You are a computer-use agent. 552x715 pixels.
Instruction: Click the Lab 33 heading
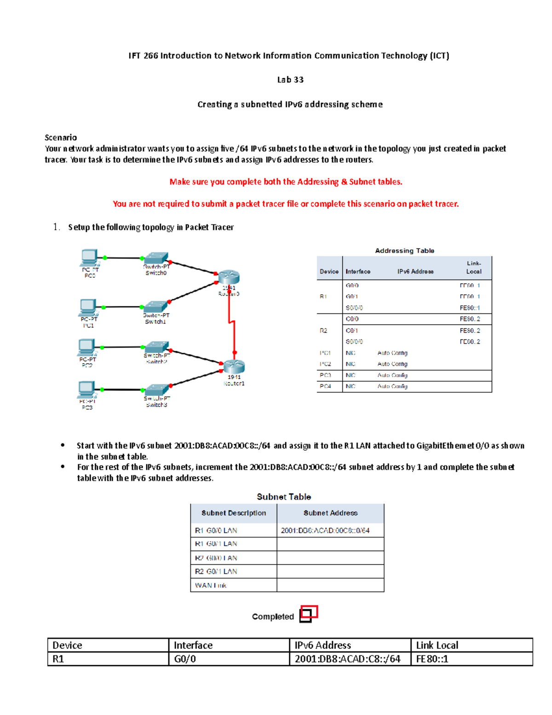click(290, 80)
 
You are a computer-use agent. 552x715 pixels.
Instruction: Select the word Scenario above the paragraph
click(61, 137)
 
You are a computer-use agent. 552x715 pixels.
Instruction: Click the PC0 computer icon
click(89, 257)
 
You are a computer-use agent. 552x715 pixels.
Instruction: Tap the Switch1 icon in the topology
click(155, 307)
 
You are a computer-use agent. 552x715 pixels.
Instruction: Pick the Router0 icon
click(229, 277)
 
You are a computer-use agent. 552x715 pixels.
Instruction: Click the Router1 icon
click(233, 366)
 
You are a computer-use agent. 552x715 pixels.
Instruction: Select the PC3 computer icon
click(86, 389)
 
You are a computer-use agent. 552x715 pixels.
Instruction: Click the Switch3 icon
click(156, 389)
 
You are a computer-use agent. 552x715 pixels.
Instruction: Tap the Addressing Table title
click(404, 250)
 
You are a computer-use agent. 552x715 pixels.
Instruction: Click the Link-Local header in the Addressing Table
click(473, 267)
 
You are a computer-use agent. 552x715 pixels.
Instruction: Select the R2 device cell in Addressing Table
click(323, 331)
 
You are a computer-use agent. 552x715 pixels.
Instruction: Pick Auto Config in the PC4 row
click(392, 386)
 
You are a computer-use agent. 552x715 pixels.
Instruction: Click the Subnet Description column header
click(234, 513)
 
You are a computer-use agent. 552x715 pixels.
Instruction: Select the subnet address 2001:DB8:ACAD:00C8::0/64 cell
click(325, 530)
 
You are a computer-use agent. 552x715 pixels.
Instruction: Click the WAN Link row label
click(211, 585)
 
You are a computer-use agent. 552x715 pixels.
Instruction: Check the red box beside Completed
click(308, 614)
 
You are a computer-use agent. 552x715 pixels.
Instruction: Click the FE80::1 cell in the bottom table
click(432, 659)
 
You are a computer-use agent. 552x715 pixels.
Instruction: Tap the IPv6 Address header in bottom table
click(323, 645)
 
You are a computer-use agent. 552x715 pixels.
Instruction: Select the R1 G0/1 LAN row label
click(216, 544)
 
